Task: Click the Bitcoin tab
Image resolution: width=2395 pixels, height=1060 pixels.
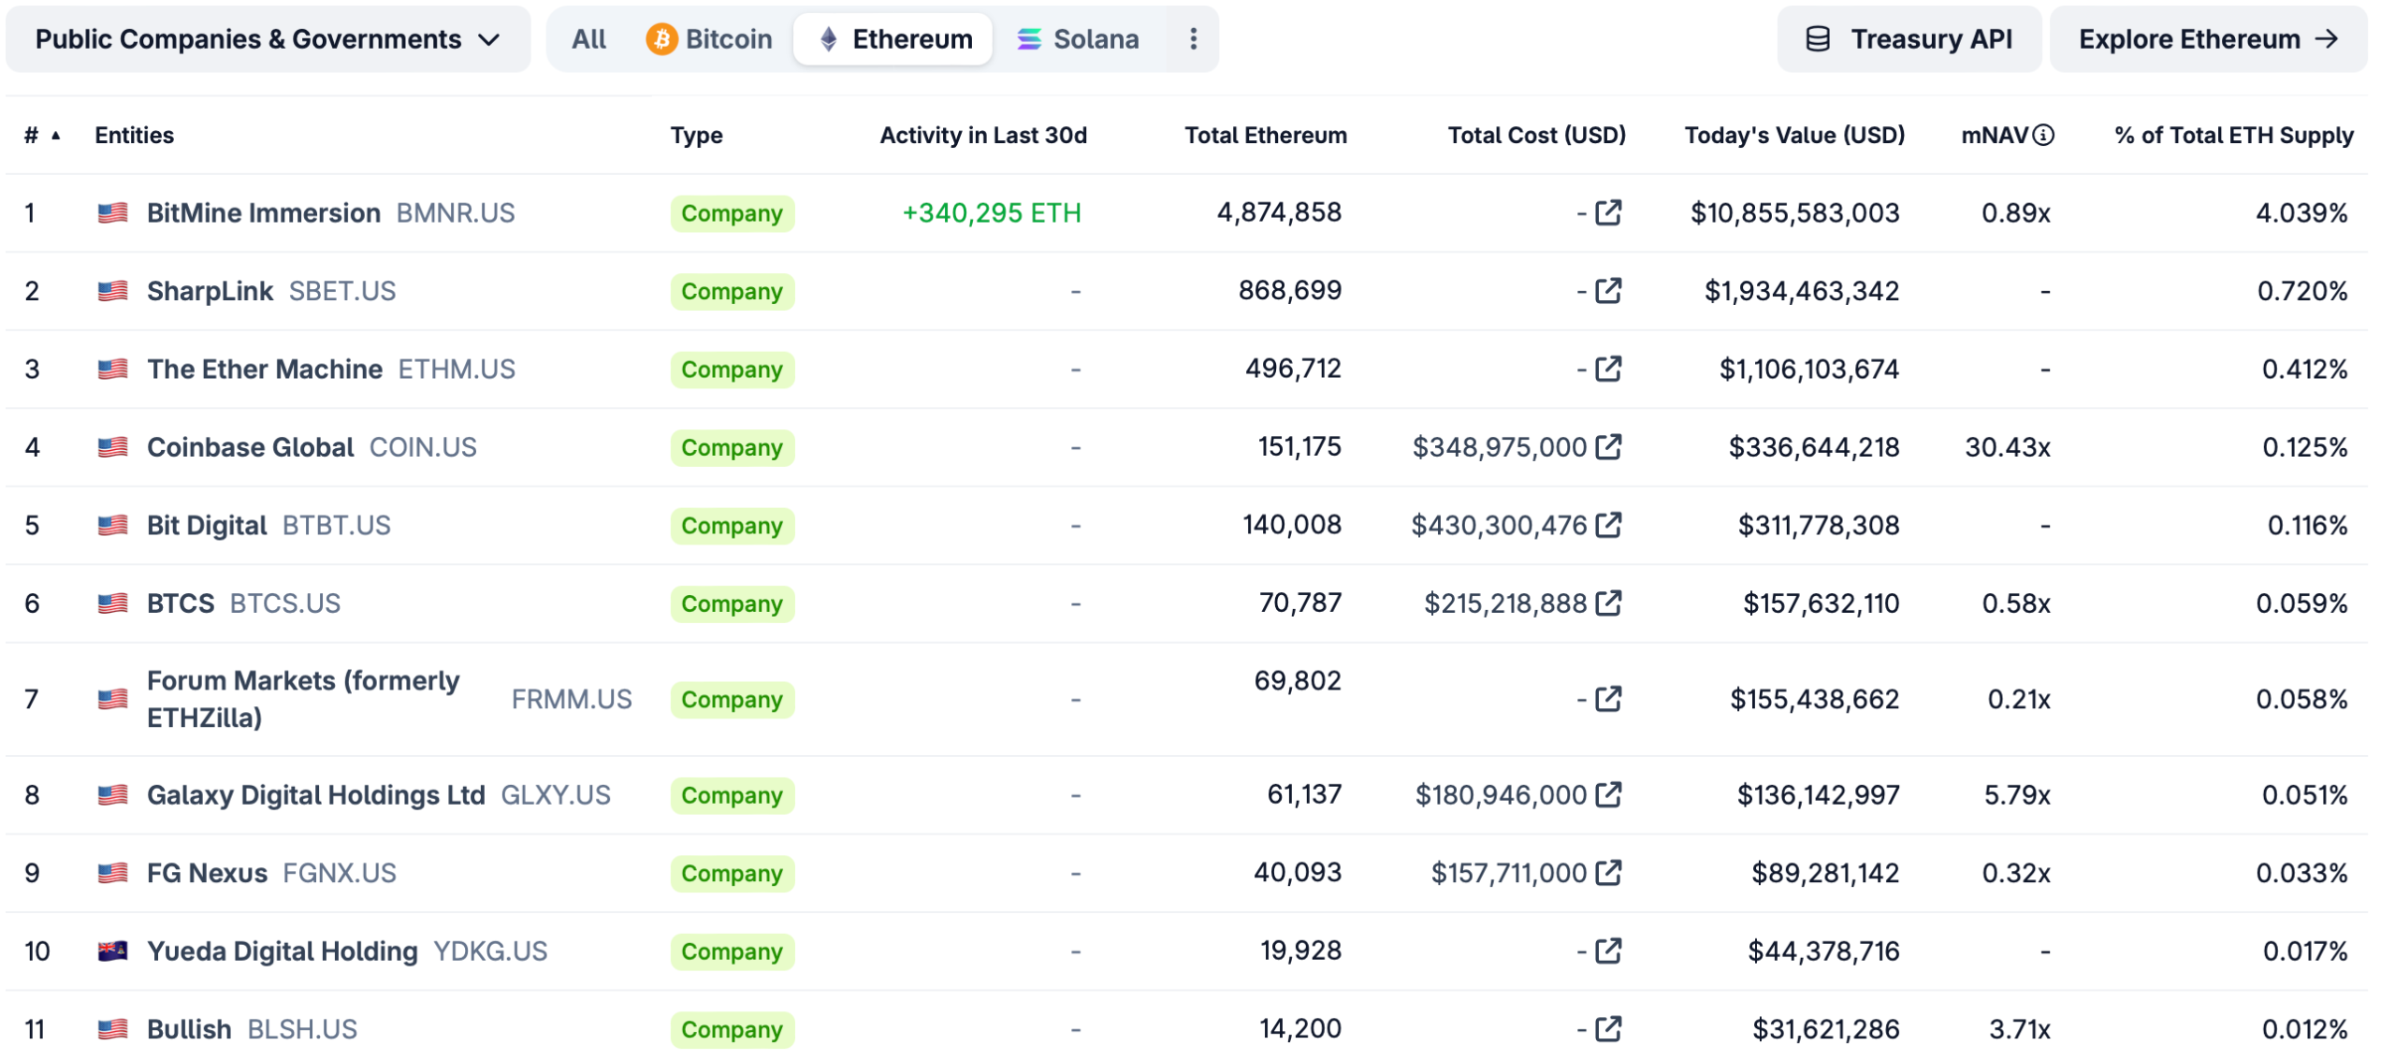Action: tap(709, 39)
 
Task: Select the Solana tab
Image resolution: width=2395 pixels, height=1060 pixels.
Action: tap(1078, 39)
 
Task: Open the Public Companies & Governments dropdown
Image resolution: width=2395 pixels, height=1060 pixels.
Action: tap(268, 39)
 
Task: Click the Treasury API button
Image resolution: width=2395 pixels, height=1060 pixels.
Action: tap(1909, 39)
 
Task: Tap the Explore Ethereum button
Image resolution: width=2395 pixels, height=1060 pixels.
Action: tap(2207, 39)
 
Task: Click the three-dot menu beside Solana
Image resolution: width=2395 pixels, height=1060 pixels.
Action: tap(1193, 39)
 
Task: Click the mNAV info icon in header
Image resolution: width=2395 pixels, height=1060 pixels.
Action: tap(2044, 136)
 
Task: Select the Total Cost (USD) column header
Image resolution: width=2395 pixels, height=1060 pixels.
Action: tap(1536, 136)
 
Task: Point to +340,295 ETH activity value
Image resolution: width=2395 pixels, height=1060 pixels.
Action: tap(991, 213)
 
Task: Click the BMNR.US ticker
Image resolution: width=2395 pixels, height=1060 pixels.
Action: tap(456, 213)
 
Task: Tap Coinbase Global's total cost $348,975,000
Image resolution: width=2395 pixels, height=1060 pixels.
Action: tap(1499, 447)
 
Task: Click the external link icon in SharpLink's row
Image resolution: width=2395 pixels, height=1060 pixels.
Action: tap(1608, 291)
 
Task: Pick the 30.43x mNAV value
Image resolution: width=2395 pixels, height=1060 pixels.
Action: tap(2007, 447)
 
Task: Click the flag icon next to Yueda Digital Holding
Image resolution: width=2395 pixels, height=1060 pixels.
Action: tap(112, 951)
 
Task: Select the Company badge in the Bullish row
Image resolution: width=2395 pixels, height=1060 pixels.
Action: tap(732, 1029)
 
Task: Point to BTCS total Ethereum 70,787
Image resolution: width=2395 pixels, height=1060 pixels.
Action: tap(1299, 603)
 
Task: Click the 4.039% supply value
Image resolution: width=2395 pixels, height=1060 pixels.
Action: tap(2301, 213)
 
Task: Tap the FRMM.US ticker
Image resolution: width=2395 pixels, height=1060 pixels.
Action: tap(572, 700)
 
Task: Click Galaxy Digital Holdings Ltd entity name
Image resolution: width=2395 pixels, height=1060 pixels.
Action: tap(315, 795)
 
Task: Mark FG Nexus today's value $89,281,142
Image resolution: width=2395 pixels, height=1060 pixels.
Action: tap(1824, 873)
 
